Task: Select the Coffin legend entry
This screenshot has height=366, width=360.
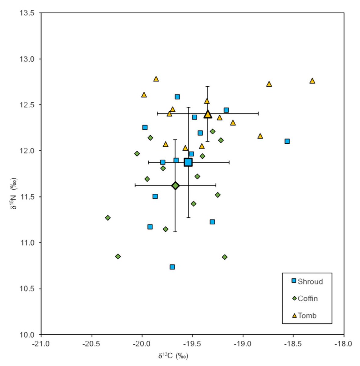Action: [x=305, y=298]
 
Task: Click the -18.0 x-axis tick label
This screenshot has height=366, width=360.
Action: [x=344, y=344]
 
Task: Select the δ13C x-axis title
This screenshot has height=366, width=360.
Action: [x=173, y=356]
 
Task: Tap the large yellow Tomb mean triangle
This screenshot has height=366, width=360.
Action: [x=208, y=114]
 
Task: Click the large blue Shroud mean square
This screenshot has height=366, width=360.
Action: [x=188, y=162]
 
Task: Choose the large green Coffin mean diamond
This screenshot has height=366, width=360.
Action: [x=175, y=186]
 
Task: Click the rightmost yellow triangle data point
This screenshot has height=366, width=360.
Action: [x=312, y=81]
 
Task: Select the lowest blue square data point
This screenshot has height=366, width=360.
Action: [x=172, y=267]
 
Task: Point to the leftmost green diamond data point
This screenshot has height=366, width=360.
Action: [x=108, y=218]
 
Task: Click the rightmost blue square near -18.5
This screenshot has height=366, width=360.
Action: [x=287, y=141]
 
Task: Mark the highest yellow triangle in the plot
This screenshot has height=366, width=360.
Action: [x=156, y=79]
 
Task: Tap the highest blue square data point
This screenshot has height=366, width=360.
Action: [x=177, y=97]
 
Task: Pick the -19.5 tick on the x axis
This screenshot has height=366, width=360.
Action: [x=192, y=344]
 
